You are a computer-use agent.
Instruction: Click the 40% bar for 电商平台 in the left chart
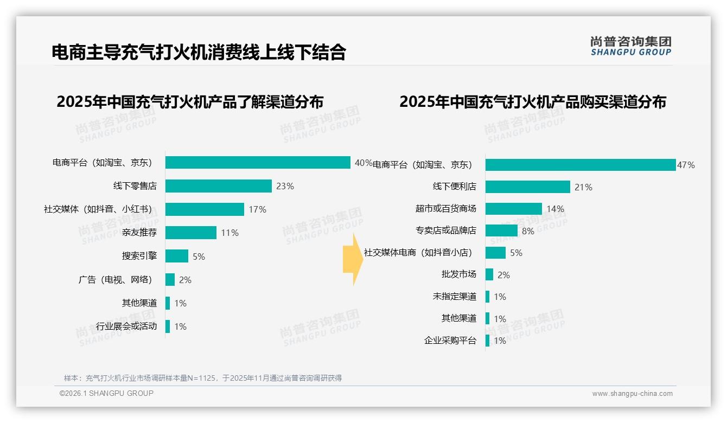(x=258, y=163)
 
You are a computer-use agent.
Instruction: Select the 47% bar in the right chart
(x=580, y=165)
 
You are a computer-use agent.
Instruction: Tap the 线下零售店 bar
(x=218, y=186)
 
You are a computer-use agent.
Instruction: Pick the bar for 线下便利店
(x=527, y=187)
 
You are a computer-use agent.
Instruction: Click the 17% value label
(x=257, y=209)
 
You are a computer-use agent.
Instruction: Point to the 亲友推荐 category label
(x=139, y=233)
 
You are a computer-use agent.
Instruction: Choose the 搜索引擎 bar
(x=176, y=256)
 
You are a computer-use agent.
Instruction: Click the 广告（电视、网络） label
(x=116, y=280)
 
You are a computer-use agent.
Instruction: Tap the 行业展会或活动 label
(x=126, y=326)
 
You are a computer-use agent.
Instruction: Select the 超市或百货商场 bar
(x=513, y=209)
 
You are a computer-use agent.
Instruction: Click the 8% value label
(x=528, y=231)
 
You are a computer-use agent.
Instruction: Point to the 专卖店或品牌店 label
(x=446, y=230)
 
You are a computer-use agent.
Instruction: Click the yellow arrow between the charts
(x=353, y=259)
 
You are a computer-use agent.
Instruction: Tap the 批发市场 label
(x=459, y=274)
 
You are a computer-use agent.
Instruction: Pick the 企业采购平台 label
(x=450, y=341)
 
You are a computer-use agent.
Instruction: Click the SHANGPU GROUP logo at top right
(x=630, y=46)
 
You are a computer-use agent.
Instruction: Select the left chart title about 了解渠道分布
(x=190, y=101)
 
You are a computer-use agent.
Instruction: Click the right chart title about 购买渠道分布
(x=533, y=101)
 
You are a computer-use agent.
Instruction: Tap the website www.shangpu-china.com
(x=632, y=394)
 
